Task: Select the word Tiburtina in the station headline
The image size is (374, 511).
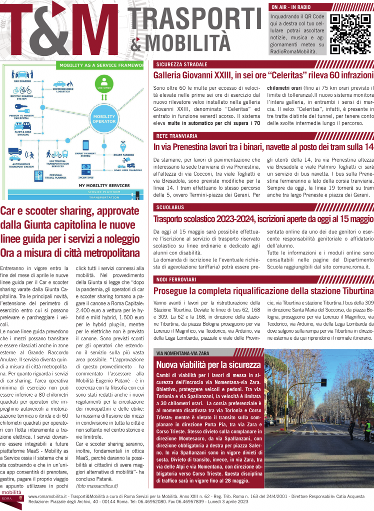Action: (x=353, y=290)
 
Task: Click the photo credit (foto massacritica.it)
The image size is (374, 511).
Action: (x=97, y=486)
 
